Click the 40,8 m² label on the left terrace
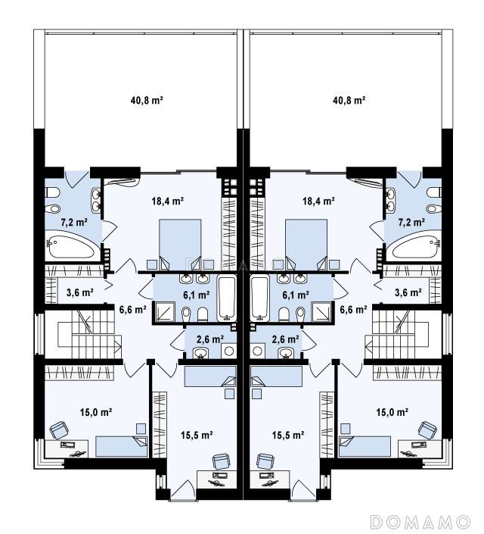[147, 101]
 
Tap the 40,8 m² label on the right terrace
[349, 101]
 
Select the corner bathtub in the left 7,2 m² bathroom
[70, 247]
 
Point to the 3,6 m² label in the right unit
[408, 292]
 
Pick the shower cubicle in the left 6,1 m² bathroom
[165, 312]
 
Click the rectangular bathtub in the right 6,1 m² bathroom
[260, 299]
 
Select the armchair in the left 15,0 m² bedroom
[58, 430]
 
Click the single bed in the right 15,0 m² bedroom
[365, 446]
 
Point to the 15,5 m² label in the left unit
[197, 435]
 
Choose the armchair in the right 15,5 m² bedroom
[265, 462]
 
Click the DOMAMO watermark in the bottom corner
[420, 522]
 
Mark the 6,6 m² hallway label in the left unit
[132, 310]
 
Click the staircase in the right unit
[403, 334]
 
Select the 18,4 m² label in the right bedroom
[318, 201]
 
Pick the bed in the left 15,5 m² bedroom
[209, 376]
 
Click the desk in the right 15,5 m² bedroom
[270, 479]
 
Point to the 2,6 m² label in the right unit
[285, 339]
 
